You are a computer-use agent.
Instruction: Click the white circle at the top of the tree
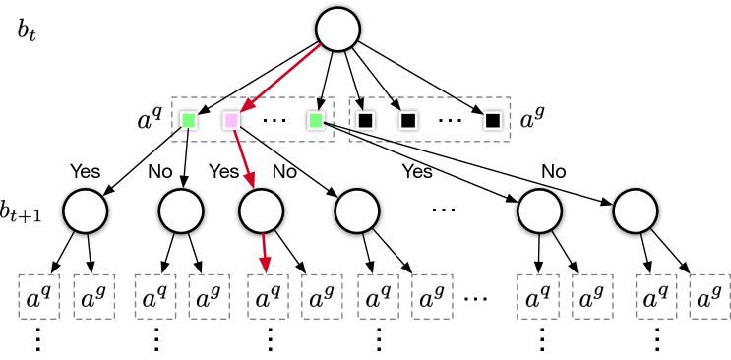pyautogui.click(x=337, y=30)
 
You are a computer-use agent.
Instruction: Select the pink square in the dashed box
pyautogui.click(x=231, y=120)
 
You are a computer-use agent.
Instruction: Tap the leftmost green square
pyautogui.click(x=188, y=120)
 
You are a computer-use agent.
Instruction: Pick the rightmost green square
pyautogui.click(x=316, y=120)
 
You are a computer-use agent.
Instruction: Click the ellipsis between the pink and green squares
pyautogui.click(x=274, y=121)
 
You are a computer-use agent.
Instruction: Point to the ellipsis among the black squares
pyautogui.click(x=450, y=121)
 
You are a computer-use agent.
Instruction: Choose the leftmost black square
pyautogui.click(x=365, y=120)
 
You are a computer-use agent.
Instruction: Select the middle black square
pyautogui.click(x=408, y=120)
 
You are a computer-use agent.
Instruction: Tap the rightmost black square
pyautogui.click(x=493, y=120)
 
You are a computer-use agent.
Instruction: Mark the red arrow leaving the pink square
pyautogui.click(x=243, y=157)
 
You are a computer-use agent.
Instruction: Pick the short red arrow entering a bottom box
pyautogui.click(x=265, y=253)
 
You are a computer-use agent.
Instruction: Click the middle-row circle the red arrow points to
pyautogui.click(x=262, y=211)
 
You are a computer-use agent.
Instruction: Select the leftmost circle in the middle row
pyautogui.click(x=86, y=211)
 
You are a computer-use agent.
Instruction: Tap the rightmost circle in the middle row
pyautogui.click(x=636, y=211)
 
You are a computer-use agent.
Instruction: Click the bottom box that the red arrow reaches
pyautogui.click(x=269, y=296)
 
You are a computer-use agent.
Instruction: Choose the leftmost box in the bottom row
pyautogui.click(x=39, y=296)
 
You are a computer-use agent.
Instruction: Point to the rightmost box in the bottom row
pyautogui.click(x=709, y=296)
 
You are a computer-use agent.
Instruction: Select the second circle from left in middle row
pyautogui.click(x=181, y=211)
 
